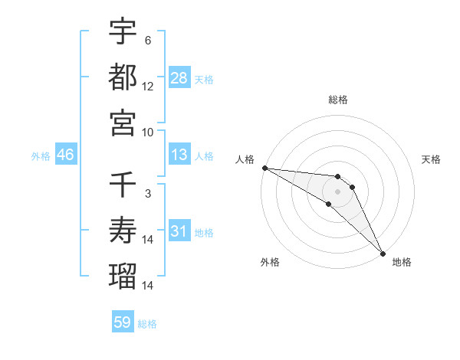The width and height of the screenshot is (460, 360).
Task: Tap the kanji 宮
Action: (x=123, y=123)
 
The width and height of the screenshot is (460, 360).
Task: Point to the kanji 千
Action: (x=123, y=185)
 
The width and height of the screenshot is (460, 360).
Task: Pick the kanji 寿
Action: (x=123, y=231)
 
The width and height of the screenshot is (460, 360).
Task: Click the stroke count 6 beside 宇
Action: (x=147, y=41)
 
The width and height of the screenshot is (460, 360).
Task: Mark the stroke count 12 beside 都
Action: (x=148, y=87)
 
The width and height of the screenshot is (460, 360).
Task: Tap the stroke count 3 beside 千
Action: (x=147, y=194)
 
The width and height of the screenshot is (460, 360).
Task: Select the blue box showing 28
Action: (x=179, y=78)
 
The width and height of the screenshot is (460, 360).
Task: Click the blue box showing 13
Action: (x=179, y=155)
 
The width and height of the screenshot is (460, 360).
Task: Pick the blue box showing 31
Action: (x=179, y=231)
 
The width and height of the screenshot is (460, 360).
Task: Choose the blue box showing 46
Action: (x=66, y=155)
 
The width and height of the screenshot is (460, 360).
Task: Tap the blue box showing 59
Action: (x=123, y=323)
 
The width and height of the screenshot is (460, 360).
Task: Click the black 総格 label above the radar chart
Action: (x=338, y=100)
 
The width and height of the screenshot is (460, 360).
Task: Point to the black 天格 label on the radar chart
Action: (x=432, y=159)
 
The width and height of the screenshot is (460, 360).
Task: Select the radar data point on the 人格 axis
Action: (x=264, y=168)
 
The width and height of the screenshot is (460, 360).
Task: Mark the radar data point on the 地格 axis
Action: (x=383, y=252)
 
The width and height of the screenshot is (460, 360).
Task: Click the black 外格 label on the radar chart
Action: (x=270, y=263)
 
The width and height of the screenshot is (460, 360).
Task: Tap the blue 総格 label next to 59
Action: (x=147, y=324)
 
